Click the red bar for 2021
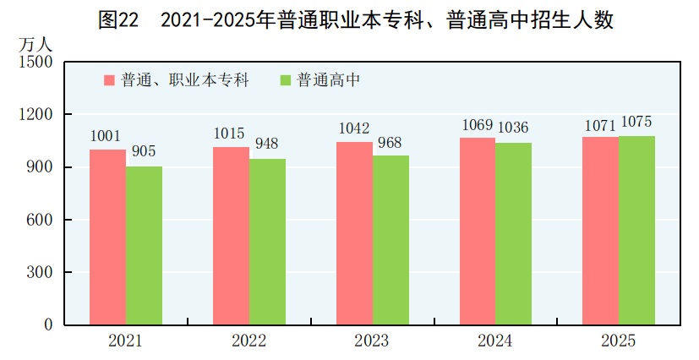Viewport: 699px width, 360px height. click(108, 237)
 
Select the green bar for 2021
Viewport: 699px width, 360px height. click(145, 246)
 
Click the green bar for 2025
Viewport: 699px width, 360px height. click(636, 231)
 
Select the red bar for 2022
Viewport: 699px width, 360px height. click(231, 236)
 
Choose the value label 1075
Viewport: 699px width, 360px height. click(636, 122)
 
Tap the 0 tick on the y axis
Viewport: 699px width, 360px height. click(48, 325)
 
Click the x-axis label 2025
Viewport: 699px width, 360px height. click(618, 341)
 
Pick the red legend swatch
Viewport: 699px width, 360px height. click(109, 80)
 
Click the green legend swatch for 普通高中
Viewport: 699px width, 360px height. click(285, 80)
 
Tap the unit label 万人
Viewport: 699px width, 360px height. click(32, 43)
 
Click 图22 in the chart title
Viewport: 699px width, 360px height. click(117, 19)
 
